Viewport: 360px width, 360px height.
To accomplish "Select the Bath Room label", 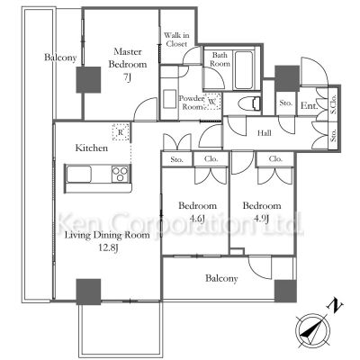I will [220, 59].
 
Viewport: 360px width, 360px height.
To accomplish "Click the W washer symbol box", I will [212, 102].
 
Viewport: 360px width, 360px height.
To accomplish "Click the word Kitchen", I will [92, 146].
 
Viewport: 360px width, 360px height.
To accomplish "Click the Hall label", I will [265, 133].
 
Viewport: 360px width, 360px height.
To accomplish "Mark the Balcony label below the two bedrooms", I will [220, 279].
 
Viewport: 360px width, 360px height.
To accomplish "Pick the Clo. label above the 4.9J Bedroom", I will [274, 159].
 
